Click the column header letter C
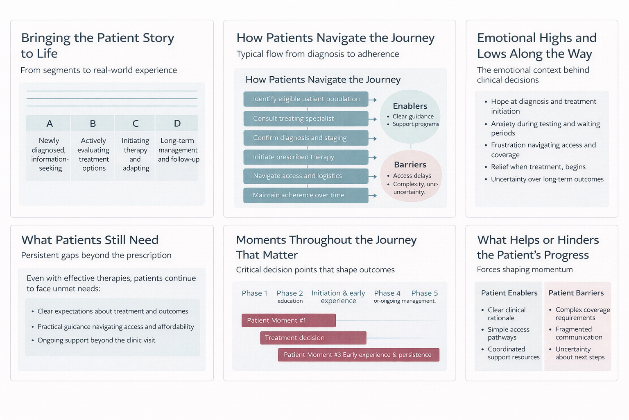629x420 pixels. click(x=136, y=123)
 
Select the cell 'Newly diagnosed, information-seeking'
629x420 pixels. click(x=49, y=154)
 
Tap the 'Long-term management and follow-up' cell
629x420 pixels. click(x=178, y=150)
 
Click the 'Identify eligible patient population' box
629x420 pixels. click(x=306, y=99)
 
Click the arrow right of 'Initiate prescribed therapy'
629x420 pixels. click(x=372, y=157)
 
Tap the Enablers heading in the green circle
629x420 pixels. click(x=410, y=106)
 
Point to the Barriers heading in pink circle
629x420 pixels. click(x=410, y=165)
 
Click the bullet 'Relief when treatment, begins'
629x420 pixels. click(x=538, y=167)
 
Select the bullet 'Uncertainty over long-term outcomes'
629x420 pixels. click(x=547, y=179)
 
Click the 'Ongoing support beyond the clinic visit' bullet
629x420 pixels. click(x=96, y=340)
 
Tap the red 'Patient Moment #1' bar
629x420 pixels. click(x=288, y=320)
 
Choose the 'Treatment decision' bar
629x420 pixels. click(x=313, y=338)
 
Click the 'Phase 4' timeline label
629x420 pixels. click(x=387, y=293)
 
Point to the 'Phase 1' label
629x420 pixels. click(x=254, y=293)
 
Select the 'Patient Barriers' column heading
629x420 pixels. click(x=576, y=293)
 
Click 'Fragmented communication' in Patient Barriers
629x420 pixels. click(x=578, y=333)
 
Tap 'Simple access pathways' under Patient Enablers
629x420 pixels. click(x=508, y=333)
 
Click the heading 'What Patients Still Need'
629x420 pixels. click(x=90, y=240)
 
